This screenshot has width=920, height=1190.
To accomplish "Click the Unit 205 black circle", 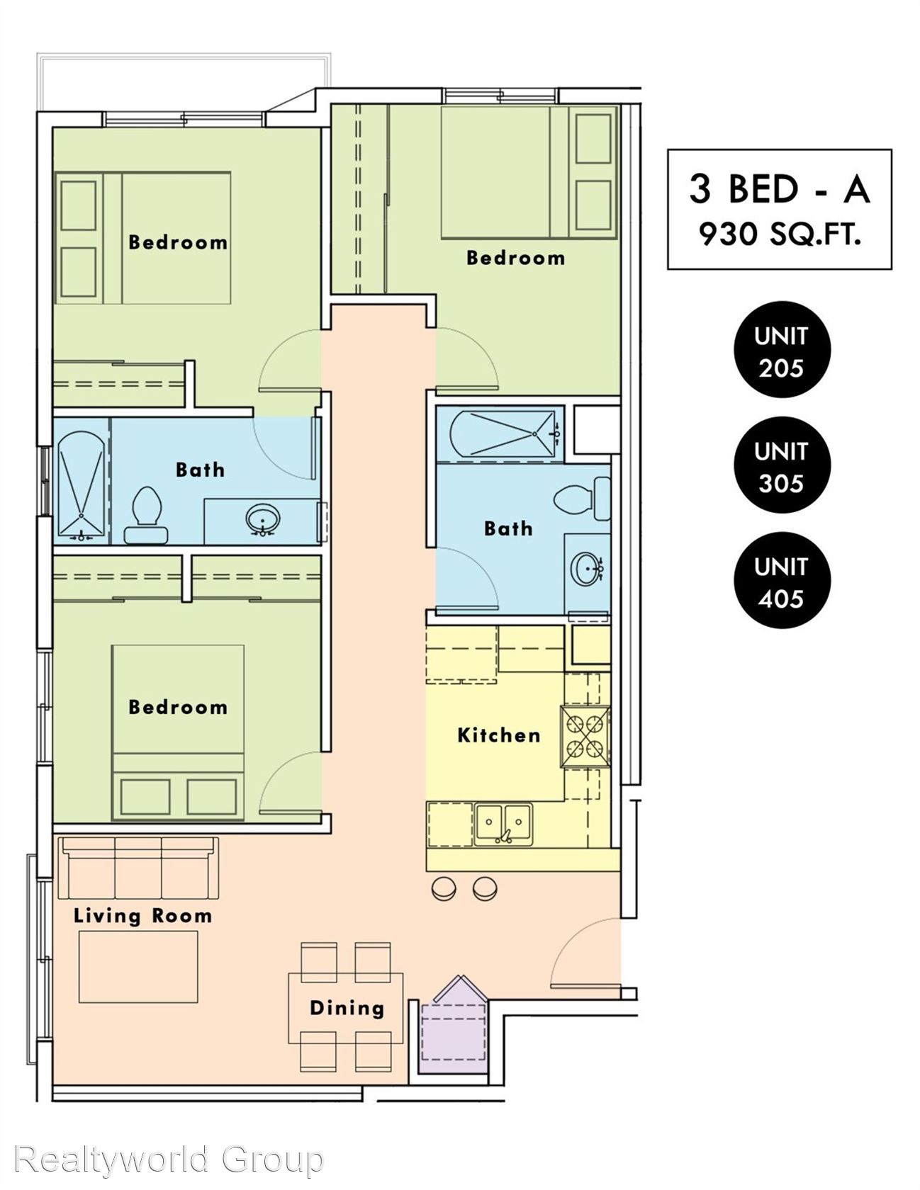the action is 781,349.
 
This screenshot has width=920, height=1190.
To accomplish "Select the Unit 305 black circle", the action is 781,465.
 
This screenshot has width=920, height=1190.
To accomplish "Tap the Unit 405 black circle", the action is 781,580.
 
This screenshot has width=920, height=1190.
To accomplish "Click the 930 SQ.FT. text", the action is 780,233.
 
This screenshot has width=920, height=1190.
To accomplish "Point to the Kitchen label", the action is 499,735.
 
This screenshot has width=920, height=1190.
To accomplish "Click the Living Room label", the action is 142,915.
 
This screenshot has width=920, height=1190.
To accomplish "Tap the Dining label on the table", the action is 347,1008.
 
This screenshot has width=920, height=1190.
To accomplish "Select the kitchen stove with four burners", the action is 585,737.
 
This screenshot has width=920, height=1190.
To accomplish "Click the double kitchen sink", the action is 503,824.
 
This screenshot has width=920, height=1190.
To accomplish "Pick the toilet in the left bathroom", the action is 147,515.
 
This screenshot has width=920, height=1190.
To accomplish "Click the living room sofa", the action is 138,868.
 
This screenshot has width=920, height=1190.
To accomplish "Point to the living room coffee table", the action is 138,967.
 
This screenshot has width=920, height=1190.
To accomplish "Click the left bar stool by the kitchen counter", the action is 444,888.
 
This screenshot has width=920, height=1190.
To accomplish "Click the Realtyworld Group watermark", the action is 169,1160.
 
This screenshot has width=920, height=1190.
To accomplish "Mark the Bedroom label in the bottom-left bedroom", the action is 178,707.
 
